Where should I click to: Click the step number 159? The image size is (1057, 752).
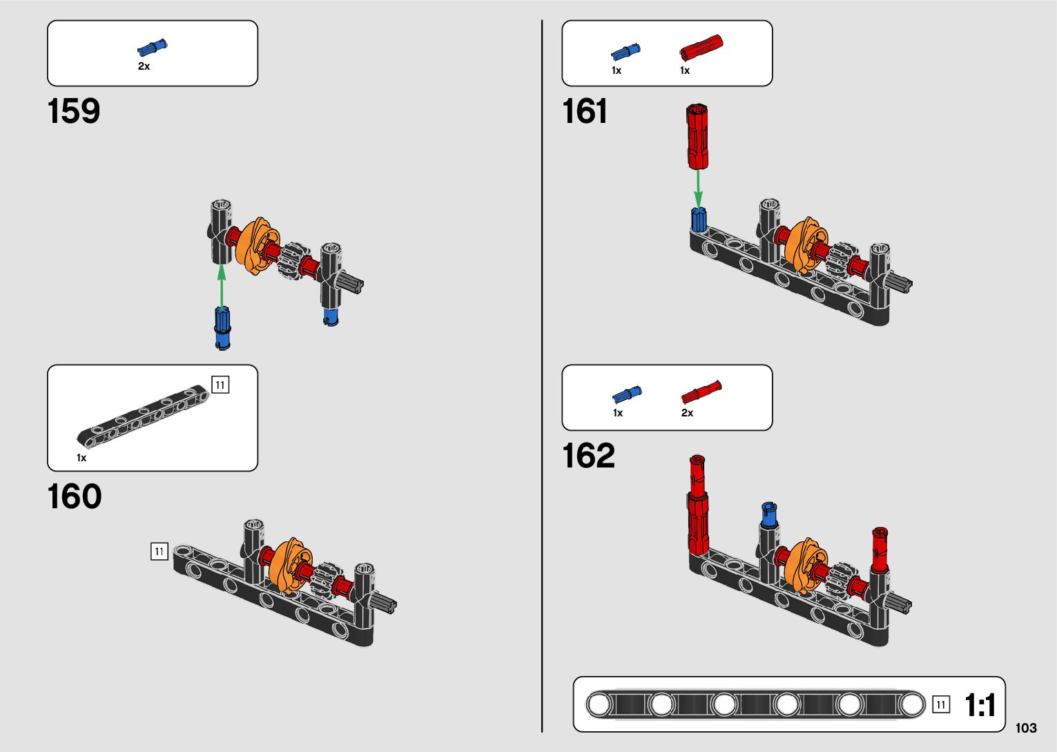tap(74, 111)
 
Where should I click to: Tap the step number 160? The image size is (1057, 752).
tap(75, 496)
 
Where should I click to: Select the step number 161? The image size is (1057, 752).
tap(585, 111)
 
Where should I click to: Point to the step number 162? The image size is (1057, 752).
tap(588, 456)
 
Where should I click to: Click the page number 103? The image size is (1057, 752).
tap(1026, 728)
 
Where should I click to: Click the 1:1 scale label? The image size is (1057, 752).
tap(980, 705)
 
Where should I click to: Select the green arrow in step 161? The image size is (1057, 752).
tap(698, 187)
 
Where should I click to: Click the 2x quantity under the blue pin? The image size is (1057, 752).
tap(144, 66)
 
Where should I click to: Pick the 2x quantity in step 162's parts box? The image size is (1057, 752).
tap(687, 413)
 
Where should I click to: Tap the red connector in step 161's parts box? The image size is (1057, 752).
tap(701, 48)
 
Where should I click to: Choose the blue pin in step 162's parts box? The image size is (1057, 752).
tap(626, 395)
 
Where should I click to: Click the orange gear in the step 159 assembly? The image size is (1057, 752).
tap(254, 247)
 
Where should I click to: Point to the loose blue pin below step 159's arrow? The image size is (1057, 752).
tap(222, 328)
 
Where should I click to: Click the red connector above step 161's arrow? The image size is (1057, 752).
tap(697, 136)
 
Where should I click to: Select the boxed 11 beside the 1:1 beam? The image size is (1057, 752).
tap(940, 704)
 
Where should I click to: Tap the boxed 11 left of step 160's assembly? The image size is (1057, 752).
tap(159, 551)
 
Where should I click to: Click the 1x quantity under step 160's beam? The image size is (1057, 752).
tap(81, 458)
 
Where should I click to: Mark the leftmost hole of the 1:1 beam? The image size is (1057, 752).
tap(599, 704)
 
